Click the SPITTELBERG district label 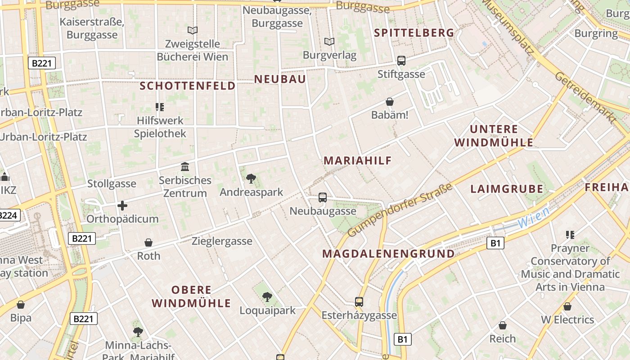pos(414,33)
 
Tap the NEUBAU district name pos(280,79)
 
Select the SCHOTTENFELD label pos(188,85)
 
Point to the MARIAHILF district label pos(358,160)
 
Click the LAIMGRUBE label pos(507,189)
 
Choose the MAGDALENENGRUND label pos(388,253)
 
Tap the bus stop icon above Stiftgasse pos(401,61)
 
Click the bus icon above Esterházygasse pos(359,301)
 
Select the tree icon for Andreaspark pos(251,179)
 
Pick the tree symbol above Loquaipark pos(267,297)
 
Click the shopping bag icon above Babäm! pos(390,102)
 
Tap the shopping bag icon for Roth pos(148,243)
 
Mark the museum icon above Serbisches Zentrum pos(185,167)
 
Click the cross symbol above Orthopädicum pos(122,206)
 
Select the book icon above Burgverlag pos(329,42)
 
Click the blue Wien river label pos(533,217)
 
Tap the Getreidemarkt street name pos(585,98)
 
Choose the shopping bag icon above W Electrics pos(567,306)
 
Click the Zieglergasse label pos(222,241)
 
